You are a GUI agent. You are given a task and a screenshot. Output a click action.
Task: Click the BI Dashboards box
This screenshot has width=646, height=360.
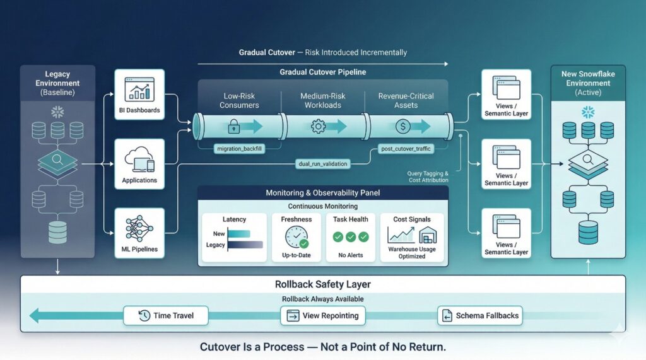click(x=139, y=95)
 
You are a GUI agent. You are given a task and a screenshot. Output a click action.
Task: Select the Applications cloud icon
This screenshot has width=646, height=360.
click(x=139, y=158)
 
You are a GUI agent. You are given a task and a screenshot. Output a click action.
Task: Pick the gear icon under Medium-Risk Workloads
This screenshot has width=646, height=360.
click(x=318, y=126)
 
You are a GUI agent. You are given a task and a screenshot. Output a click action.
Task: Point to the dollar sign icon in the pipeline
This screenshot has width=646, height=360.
click(x=403, y=126)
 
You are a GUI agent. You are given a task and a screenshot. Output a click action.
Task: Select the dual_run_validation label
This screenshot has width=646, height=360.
click(x=322, y=164)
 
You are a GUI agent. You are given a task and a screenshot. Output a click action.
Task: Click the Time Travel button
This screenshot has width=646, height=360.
click(x=166, y=315)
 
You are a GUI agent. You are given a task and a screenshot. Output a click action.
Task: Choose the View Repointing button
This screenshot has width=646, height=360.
click(x=322, y=315)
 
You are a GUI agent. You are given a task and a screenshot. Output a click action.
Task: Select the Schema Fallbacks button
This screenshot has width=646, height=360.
click(x=480, y=315)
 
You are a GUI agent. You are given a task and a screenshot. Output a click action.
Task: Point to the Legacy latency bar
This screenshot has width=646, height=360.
click(x=245, y=245)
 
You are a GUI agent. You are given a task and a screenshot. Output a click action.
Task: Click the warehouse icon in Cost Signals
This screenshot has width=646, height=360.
click(x=427, y=235)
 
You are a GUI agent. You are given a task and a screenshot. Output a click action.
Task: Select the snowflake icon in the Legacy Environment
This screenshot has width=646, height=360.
click(x=58, y=112)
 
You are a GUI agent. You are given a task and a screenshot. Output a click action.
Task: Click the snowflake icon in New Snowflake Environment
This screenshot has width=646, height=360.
click(x=588, y=112)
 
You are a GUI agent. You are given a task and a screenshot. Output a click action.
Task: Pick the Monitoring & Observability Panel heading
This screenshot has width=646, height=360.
click(x=323, y=192)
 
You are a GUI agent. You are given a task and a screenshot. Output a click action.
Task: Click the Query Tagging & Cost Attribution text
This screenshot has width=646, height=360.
click(x=428, y=177)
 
